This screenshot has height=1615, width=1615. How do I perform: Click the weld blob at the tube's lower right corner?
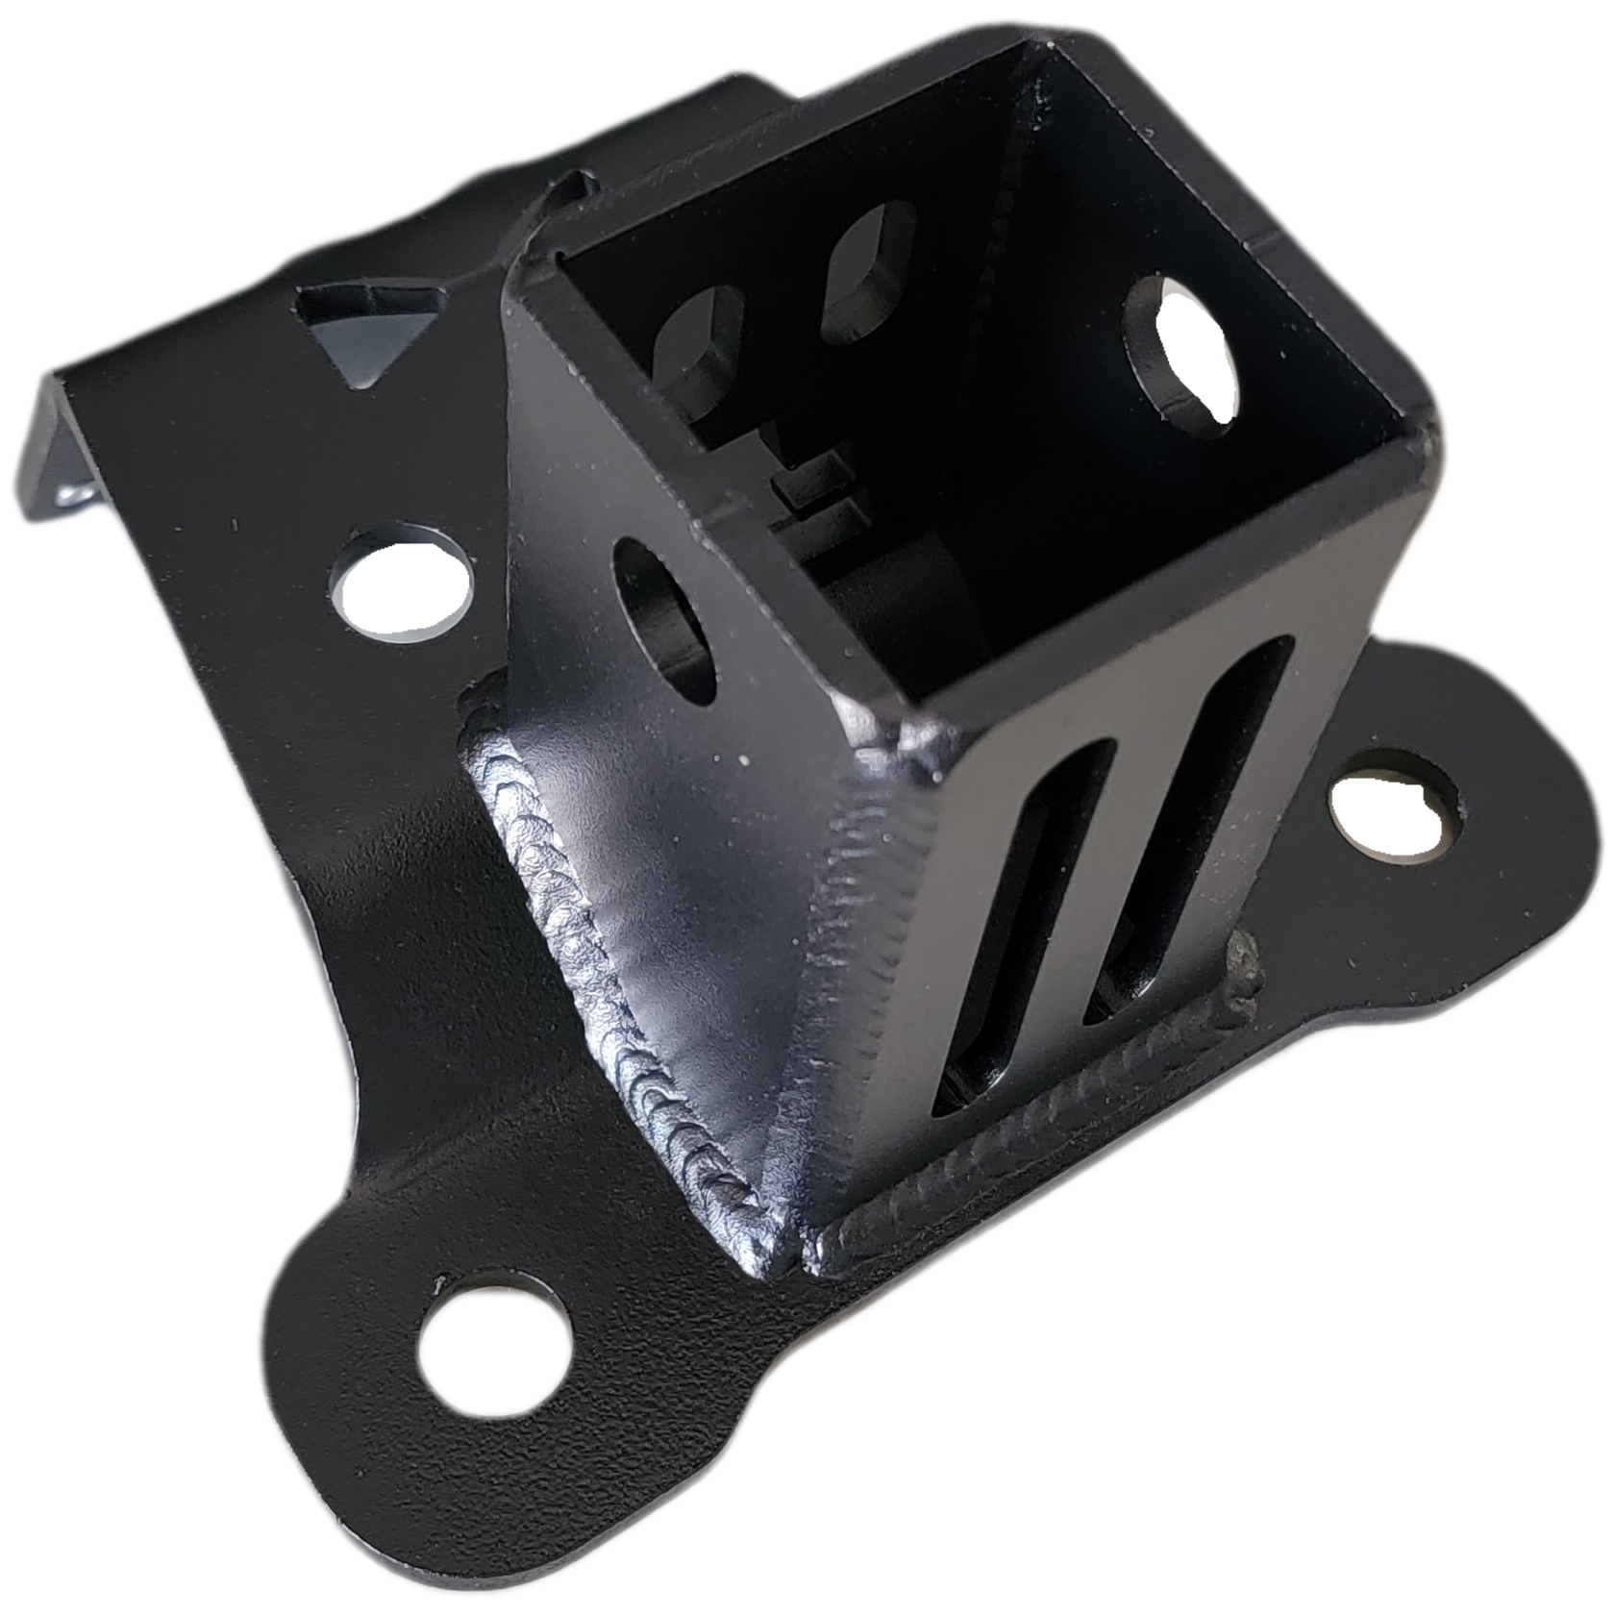point(1245,971)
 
